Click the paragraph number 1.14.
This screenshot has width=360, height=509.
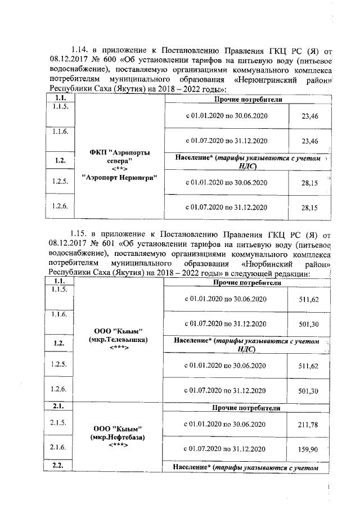[x=79, y=51]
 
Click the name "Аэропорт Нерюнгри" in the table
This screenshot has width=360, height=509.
[x=119, y=177]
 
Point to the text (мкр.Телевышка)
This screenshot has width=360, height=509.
[x=119, y=340]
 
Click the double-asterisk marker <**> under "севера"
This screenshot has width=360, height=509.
[x=119, y=168]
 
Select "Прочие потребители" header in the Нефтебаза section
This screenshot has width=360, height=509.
[x=247, y=408]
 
